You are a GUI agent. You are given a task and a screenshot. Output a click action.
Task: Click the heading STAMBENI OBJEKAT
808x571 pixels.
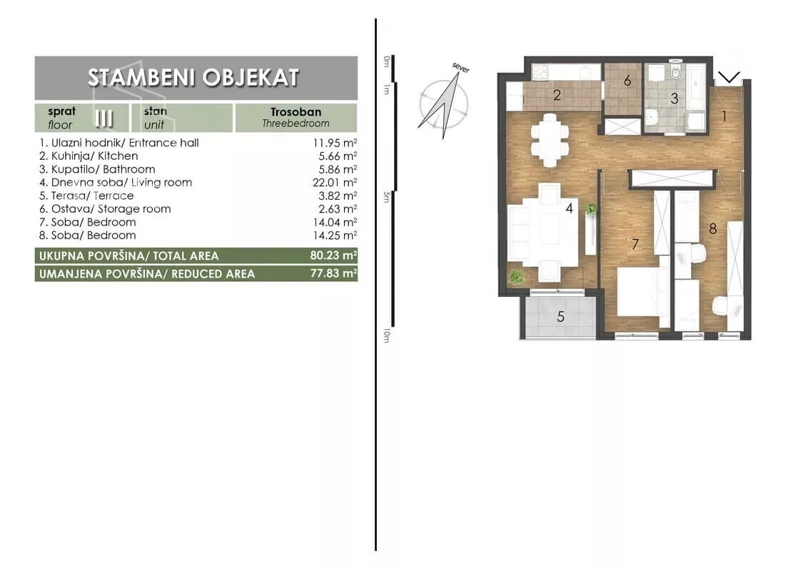pyautogui.click(x=193, y=77)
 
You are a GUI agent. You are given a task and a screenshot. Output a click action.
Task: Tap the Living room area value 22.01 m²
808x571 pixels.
pyautogui.click(x=335, y=183)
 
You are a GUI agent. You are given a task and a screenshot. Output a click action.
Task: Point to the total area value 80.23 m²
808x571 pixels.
pyautogui.click(x=334, y=256)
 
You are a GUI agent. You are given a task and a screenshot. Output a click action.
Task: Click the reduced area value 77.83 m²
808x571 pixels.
pyautogui.click(x=334, y=273)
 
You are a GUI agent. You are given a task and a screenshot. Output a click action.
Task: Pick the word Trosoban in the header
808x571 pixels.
pyautogui.click(x=296, y=112)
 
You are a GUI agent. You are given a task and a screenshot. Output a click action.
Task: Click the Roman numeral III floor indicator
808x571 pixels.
pyautogui.click(x=104, y=118)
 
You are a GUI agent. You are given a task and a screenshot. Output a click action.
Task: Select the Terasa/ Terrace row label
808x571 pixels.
pyautogui.click(x=92, y=196)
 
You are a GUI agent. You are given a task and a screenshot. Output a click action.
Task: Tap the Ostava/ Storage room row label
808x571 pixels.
pyautogui.click(x=111, y=209)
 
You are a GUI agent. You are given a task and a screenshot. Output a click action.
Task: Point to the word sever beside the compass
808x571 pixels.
pyautogui.click(x=460, y=68)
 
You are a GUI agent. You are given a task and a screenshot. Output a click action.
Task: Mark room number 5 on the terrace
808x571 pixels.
pyautogui.click(x=560, y=316)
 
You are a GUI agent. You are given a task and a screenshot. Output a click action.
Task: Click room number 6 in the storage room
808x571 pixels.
pyautogui.click(x=627, y=81)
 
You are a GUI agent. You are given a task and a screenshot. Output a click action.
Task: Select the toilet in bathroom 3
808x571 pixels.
pyautogui.click(x=675, y=72)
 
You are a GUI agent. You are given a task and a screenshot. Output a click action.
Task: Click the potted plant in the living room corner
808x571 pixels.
pyautogui.click(x=516, y=277)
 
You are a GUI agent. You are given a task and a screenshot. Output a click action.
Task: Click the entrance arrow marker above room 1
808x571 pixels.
pyautogui.click(x=729, y=78)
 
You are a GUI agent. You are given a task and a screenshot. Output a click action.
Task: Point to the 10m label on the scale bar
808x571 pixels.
pyautogui.click(x=386, y=336)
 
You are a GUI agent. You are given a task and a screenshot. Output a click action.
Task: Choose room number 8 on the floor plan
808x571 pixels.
pyautogui.click(x=712, y=228)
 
